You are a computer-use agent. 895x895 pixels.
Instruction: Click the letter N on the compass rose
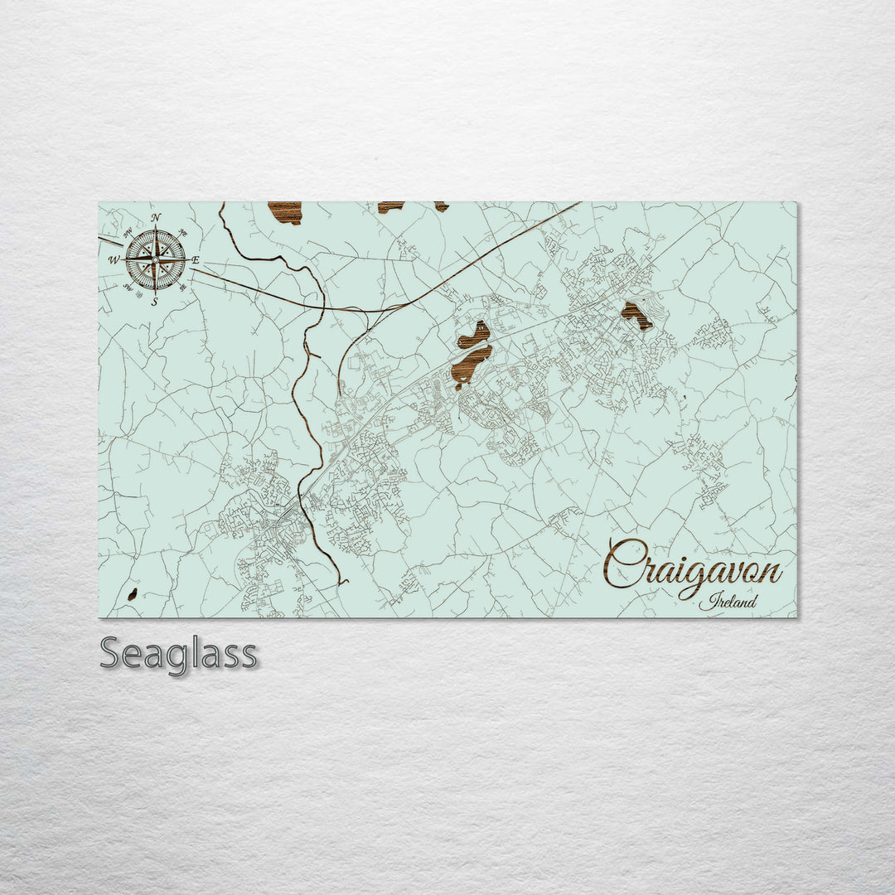coord(157,218)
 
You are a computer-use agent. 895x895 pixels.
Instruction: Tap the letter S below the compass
coord(155,302)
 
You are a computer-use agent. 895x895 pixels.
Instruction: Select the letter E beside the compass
coord(196,260)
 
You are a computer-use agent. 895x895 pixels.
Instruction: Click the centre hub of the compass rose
coord(155,259)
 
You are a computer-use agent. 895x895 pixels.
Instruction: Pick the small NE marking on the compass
coord(182,233)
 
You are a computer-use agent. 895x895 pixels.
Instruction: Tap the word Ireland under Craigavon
coord(728,602)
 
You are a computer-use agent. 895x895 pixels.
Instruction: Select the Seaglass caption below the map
coord(178,654)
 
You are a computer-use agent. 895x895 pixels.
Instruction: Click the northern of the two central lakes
coord(473,335)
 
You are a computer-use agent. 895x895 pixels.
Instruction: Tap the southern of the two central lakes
coord(472,365)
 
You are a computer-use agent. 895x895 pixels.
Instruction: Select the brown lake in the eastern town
coord(636,315)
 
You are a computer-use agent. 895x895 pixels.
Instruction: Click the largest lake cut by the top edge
coord(285,212)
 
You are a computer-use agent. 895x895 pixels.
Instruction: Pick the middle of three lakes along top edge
coord(390,206)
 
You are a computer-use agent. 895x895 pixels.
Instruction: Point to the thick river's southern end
coord(341,582)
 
